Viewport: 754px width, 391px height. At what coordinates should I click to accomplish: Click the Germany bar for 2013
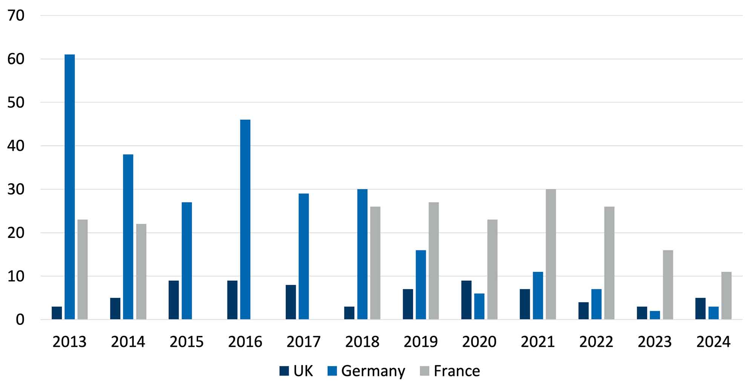coord(69,187)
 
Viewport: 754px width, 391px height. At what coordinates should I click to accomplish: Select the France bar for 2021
coord(551,255)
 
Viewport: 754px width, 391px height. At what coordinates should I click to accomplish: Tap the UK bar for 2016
coord(232,300)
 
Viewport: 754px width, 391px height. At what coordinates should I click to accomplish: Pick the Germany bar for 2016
coord(245,219)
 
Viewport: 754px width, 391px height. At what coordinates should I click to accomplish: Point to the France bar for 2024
coord(726,296)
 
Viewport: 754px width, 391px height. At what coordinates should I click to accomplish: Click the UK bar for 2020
coord(466,300)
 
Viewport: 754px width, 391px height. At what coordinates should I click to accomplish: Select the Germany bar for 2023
coord(655,315)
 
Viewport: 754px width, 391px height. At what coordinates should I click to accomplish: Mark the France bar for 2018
coord(375,263)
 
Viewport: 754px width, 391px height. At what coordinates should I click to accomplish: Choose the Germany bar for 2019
coord(421,285)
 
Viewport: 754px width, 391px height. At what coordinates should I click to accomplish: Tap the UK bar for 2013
coord(57,313)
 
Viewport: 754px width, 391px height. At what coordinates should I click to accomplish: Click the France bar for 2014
coord(141,272)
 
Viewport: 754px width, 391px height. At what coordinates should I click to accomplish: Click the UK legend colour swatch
coord(284,371)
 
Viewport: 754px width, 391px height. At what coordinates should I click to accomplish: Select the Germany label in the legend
coord(373,371)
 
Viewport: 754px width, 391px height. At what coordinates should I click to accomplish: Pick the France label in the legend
coord(457,371)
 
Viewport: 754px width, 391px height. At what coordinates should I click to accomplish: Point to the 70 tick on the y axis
coord(16,16)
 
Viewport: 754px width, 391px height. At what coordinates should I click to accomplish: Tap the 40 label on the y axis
coord(16,146)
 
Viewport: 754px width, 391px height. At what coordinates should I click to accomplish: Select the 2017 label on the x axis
coord(303,342)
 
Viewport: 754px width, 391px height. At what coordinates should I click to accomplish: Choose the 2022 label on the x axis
coord(596,342)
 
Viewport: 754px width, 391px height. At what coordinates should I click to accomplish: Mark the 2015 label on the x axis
coord(187,342)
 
